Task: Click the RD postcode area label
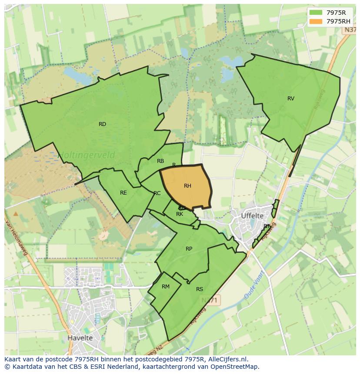tap(102, 124)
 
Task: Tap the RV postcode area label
tap(291, 99)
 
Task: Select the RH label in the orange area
tap(187, 186)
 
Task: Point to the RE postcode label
tap(123, 193)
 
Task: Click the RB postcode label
tap(160, 161)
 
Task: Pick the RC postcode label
tap(157, 193)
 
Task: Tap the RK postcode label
tap(180, 214)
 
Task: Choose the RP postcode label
tap(189, 249)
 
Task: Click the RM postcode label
tap(166, 287)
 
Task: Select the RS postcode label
tap(200, 289)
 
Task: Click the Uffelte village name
tap(252, 215)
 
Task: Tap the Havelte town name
tap(80, 338)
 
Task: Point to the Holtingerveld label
tap(87, 155)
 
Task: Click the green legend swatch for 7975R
tap(316, 13)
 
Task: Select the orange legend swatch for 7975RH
tap(316, 21)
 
